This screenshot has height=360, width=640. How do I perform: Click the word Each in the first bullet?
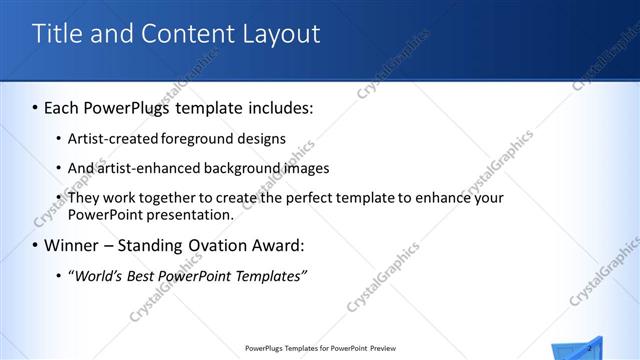(x=64, y=106)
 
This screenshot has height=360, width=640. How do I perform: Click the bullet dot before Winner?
(x=36, y=245)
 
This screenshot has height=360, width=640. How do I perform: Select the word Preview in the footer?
(x=383, y=349)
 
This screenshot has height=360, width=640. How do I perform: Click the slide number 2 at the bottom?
(x=590, y=347)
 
